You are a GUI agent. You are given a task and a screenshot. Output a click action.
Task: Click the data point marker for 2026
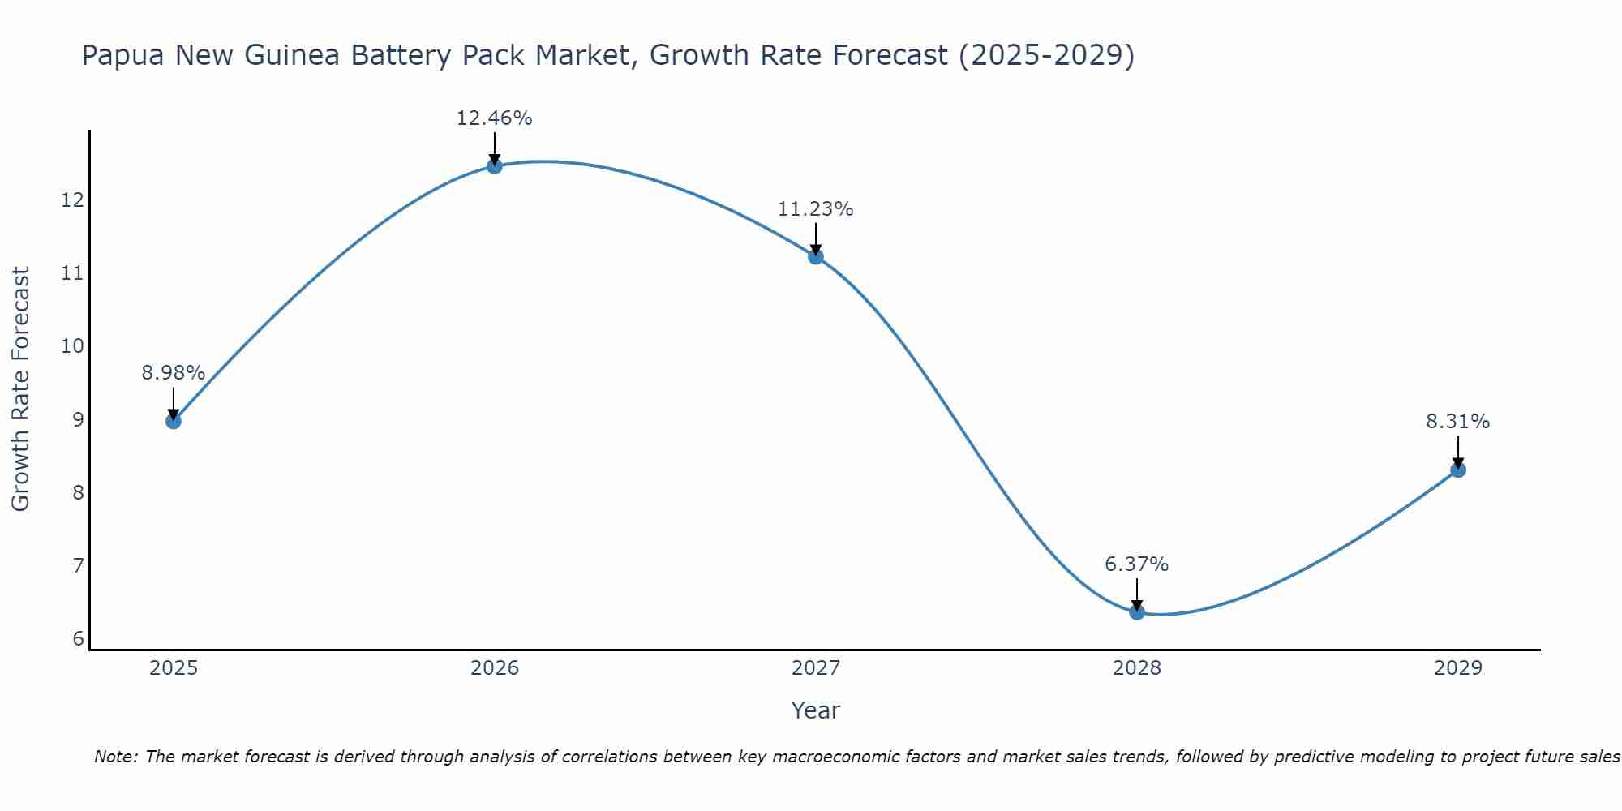coord(495,166)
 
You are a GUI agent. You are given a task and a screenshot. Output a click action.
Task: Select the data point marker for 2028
coord(1137,612)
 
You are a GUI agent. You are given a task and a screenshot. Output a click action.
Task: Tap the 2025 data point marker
coord(174,421)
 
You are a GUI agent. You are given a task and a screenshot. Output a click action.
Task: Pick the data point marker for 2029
coord(1458,470)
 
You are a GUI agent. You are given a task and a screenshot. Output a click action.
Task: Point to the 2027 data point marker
coord(816,257)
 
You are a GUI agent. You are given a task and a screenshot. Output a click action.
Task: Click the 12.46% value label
coord(495,118)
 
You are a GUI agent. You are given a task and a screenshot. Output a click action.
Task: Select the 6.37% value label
coord(1137,564)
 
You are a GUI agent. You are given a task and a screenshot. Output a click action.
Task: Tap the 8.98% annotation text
coord(174,373)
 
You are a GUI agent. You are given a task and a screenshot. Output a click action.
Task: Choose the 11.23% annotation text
coord(816,209)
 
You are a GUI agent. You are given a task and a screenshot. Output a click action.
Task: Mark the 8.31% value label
coord(1458,422)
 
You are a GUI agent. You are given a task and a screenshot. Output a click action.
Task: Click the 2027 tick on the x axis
coord(816,668)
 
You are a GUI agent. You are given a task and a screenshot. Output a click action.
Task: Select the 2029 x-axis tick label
coord(1458,668)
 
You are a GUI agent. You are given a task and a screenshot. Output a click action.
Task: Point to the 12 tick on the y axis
coord(73,200)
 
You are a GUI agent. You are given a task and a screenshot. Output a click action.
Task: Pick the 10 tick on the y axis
coord(73,346)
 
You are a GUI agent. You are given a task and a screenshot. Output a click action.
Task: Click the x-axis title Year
coord(816,710)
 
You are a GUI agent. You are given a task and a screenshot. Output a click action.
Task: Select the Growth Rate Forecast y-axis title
coord(20,389)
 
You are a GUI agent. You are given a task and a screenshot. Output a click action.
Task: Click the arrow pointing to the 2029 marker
coord(1458,451)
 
